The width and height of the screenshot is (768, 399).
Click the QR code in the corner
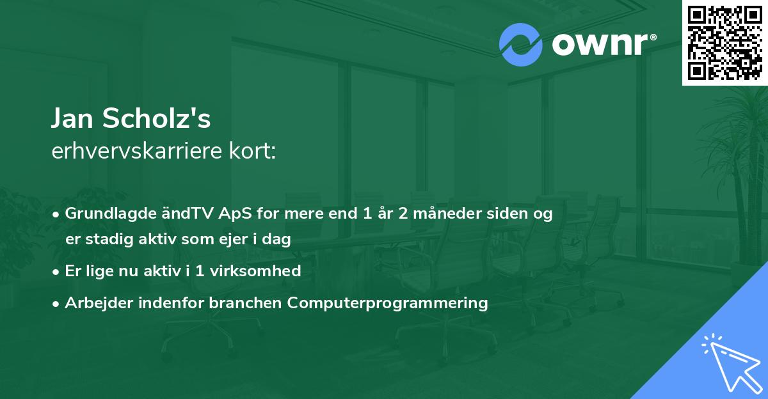[x=724, y=43]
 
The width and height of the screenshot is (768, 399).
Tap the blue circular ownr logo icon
[x=520, y=45]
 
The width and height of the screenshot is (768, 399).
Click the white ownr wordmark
[x=604, y=45]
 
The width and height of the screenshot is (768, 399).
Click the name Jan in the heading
[x=72, y=118]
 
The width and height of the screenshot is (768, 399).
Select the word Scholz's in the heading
[x=156, y=118]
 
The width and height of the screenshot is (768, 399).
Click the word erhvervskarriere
[x=137, y=151]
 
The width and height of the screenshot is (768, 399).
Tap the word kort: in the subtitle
[x=252, y=151]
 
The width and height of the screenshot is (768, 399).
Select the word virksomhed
[x=255, y=270]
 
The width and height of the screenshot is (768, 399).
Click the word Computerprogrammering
[x=387, y=303]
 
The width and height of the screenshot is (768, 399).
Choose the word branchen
[x=245, y=302]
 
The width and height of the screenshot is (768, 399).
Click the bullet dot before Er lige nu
[x=56, y=272]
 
